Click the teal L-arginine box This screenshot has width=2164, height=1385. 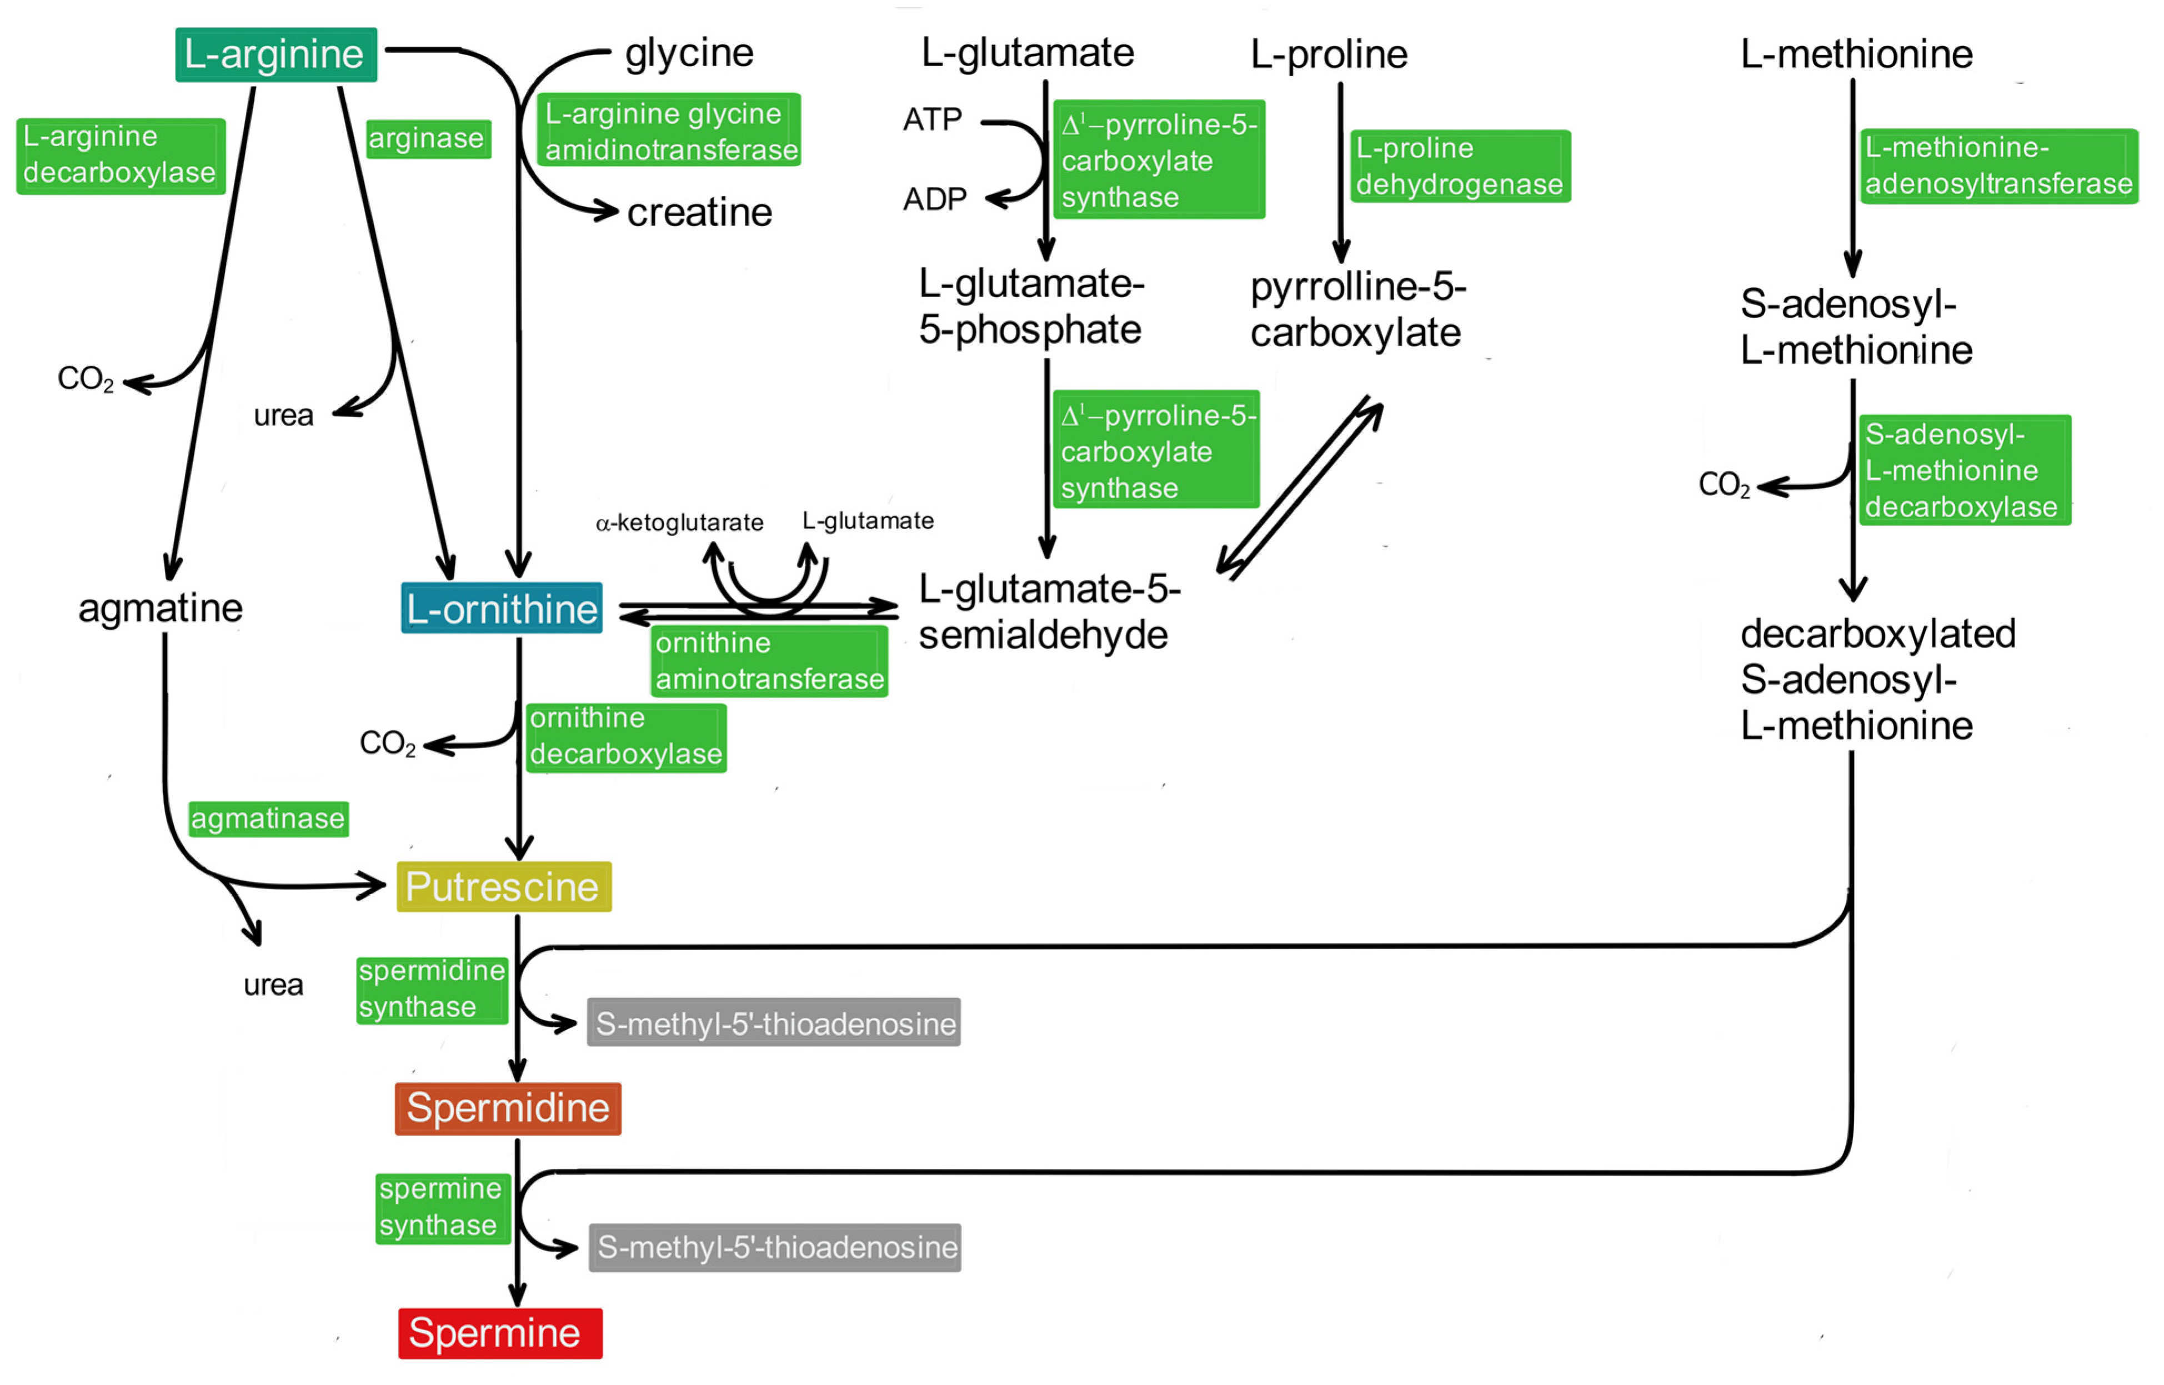click(x=275, y=55)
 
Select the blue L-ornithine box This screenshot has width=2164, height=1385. click(x=501, y=609)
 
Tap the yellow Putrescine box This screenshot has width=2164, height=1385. click(x=504, y=887)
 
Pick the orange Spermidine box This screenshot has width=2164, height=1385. click(x=507, y=1108)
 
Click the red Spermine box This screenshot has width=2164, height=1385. click(x=500, y=1333)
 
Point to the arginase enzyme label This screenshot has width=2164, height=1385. click(x=428, y=138)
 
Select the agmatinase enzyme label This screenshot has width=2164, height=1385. click(x=268, y=819)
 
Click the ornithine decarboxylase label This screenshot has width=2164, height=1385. click(x=626, y=736)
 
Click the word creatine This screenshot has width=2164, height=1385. click(x=699, y=212)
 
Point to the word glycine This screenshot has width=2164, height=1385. click(x=689, y=53)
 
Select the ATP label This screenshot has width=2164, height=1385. click(x=932, y=119)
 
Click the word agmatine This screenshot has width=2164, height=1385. click(x=160, y=609)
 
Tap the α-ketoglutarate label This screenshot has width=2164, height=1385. click(x=679, y=523)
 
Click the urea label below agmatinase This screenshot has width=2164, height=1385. click(x=273, y=985)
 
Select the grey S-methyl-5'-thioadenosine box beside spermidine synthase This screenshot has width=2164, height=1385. click(x=774, y=1022)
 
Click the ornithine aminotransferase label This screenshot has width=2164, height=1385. click(x=769, y=661)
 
